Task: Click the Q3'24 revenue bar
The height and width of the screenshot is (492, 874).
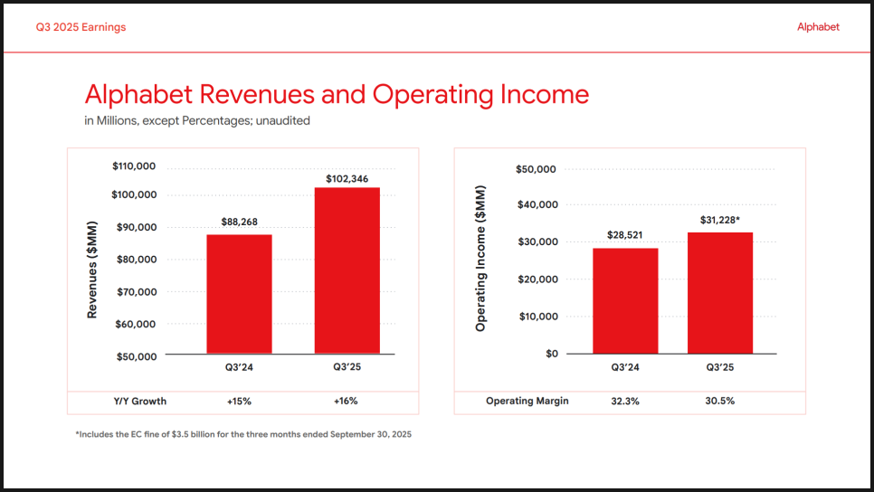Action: [239, 294]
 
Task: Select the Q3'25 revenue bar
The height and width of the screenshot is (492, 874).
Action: [347, 270]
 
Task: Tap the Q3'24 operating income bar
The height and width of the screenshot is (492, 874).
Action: [625, 300]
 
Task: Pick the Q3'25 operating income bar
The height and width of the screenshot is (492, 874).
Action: [720, 293]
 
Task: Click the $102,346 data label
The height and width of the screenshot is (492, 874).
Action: [347, 179]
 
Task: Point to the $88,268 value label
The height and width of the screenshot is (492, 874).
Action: [240, 222]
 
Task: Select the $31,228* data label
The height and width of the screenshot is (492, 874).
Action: [721, 220]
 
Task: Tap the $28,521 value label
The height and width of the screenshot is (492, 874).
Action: [625, 235]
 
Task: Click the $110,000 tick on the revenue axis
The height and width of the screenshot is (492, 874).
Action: [134, 166]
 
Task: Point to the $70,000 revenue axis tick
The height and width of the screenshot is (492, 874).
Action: [137, 292]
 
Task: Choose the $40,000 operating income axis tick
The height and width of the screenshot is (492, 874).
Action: [537, 204]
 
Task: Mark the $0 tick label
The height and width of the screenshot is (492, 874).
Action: [551, 354]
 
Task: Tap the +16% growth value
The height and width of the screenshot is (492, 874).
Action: [347, 402]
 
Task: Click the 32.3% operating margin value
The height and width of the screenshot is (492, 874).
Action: [624, 402]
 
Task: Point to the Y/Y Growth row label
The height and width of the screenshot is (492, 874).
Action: [139, 402]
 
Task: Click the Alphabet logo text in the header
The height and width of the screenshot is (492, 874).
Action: [818, 27]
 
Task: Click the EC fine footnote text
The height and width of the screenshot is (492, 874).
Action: [243, 435]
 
